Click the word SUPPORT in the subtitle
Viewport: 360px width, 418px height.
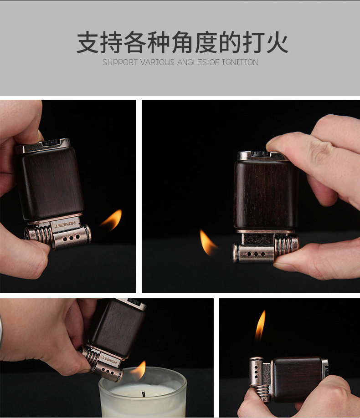click(120, 62)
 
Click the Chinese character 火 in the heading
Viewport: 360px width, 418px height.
click(277, 43)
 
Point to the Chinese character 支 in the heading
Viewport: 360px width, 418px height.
click(88, 43)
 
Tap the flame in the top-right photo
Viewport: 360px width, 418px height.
click(208, 242)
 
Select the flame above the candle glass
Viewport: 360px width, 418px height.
click(139, 370)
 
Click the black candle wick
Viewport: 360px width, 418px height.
click(144, 394)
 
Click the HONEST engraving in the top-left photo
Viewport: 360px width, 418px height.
click(65, 225)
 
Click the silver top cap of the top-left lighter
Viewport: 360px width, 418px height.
click(43, 146)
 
